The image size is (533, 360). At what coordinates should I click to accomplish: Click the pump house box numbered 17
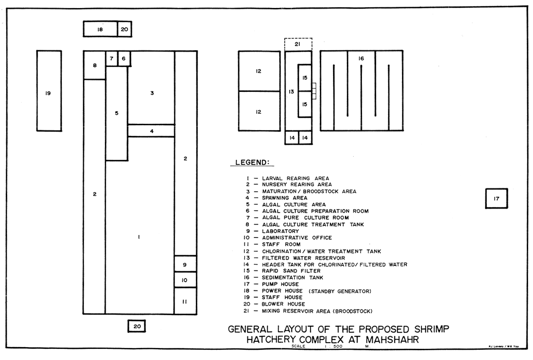click(497, 198)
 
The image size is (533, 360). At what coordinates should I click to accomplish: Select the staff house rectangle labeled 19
click(49, 91)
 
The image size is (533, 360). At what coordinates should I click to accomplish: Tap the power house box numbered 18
click(100, 29)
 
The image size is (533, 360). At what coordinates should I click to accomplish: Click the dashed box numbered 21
click(298, 44)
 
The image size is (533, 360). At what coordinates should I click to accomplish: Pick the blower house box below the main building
click(137, 326)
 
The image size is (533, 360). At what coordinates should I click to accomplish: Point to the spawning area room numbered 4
click(151, 131)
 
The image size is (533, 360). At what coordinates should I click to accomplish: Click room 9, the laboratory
click(185, 264)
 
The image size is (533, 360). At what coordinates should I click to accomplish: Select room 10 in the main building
click(185, 280)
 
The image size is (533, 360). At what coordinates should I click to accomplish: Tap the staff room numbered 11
click(185, 301)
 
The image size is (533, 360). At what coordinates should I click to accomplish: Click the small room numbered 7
click(111, 59)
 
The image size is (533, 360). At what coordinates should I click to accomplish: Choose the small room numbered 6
click(124, 59)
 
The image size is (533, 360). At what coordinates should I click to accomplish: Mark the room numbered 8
click(95, 65)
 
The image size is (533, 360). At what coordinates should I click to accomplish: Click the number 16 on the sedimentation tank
click(361, 59)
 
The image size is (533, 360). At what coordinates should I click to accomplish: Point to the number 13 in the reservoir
click(291, 91)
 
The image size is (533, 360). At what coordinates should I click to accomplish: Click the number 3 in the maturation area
click(152, 93)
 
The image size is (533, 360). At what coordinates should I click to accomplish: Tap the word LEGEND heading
click(252, 162)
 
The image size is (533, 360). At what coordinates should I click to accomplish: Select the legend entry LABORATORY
click(280, 231)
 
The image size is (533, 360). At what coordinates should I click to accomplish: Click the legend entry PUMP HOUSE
click(280, 284)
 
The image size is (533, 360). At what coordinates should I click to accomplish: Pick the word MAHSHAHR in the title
click(392, 340)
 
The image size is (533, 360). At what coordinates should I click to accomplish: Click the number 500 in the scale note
click(338, 346)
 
